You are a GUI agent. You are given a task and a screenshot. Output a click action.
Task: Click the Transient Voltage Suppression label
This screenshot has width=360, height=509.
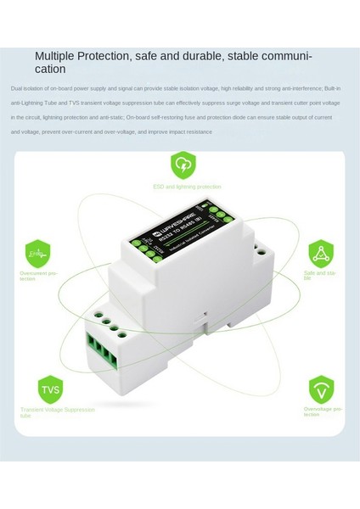click(58, 410)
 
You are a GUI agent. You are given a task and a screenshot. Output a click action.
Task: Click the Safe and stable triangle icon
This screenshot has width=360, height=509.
click(320, 253)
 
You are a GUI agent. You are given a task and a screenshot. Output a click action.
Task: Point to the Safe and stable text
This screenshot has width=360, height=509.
click(319, 276)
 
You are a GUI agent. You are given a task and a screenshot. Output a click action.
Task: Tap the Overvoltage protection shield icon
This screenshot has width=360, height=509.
click(321, 389)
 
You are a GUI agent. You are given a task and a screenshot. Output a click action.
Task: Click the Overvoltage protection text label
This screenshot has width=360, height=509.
click(324, 411)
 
